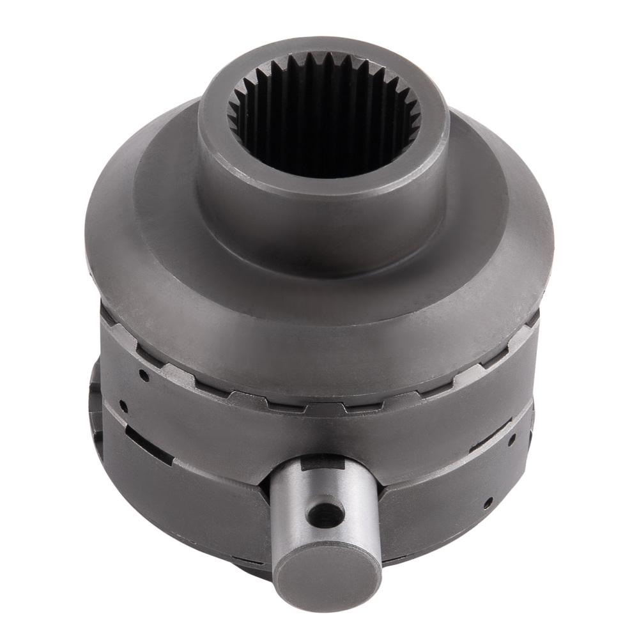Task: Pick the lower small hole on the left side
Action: (x=123, y=406)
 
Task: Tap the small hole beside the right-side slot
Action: (x=512, y=439)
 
